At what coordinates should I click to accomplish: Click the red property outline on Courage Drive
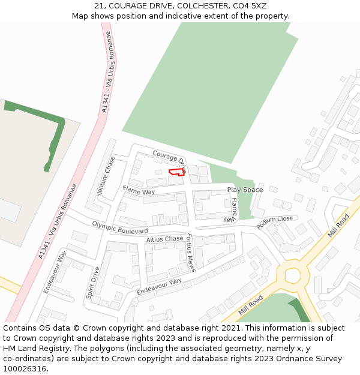coord(176,172)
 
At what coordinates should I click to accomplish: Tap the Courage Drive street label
coord(169,160)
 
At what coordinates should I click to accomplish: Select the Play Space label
coord(245,190)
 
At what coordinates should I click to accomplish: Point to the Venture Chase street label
coord(106,176)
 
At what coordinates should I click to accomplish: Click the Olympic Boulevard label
coord(120,227)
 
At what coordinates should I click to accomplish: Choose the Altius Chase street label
coord(164,239)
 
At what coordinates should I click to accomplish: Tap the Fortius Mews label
coord(191,252)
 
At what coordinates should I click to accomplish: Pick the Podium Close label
coord(275,223)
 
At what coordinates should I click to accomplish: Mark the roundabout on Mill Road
coord(292,275)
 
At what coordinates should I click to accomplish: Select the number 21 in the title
coord(99,6)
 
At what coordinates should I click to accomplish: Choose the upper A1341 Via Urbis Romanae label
coord(107,72)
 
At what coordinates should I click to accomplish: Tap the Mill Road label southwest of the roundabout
coord(251,305)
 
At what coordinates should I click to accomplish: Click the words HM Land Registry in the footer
coord(30,348)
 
